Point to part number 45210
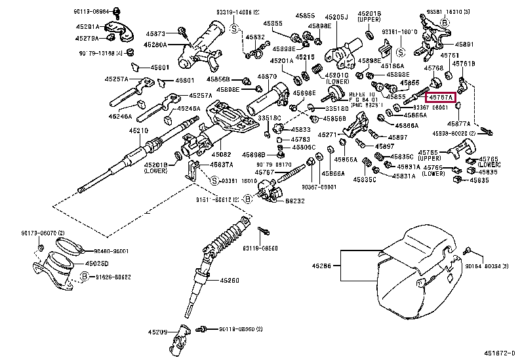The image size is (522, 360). point(138,130)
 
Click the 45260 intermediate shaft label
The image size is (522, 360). point(230,280)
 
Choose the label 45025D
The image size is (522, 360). point(96,263)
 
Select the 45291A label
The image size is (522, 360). point(89,27)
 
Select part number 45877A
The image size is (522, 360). point(458,123)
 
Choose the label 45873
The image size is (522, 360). point(156,33)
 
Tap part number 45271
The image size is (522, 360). point(328,135)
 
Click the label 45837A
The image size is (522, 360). point(221,164)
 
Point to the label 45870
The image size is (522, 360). point(268,77)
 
